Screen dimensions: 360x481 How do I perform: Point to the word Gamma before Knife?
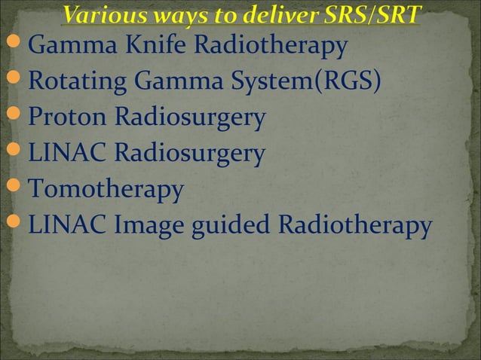71,47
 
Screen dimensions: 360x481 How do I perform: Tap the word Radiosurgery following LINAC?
189,154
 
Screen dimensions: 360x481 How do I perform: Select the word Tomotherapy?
106,189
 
